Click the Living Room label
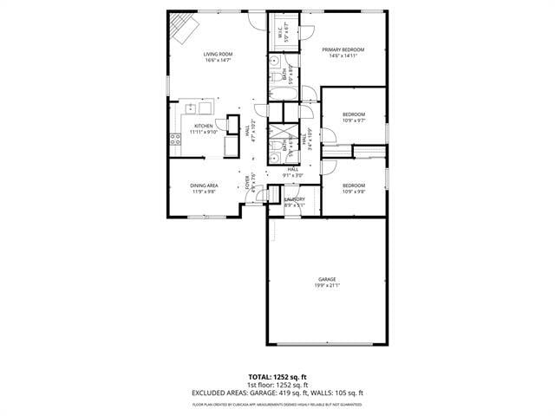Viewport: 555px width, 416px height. (x=218, y=54)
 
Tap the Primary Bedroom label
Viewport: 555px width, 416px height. (x=343, y=49)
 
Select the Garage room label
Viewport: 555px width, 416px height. (x=326, y=279)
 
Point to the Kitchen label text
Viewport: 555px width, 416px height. (x=204, y=126)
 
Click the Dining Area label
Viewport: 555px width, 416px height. (x=205, y=185)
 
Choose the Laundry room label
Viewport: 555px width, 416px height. (x=295, y=199)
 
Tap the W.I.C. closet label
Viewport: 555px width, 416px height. (x=281, y=34)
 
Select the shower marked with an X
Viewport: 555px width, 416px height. (x=282, y=133)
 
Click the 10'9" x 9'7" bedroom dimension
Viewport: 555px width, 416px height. (x=353, y=120)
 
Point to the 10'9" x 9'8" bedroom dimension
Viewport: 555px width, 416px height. (x=353, y=192)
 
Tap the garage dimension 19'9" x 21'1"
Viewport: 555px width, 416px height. (x=326, y=285)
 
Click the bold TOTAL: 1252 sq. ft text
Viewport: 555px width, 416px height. (x=277, y=377)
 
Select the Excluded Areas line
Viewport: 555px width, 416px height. (x=277, y=393)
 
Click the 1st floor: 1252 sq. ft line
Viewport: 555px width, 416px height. (x=277, y=385)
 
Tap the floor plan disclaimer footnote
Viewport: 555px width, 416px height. (x=277, y=404)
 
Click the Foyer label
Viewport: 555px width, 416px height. (x=247, y=184)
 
